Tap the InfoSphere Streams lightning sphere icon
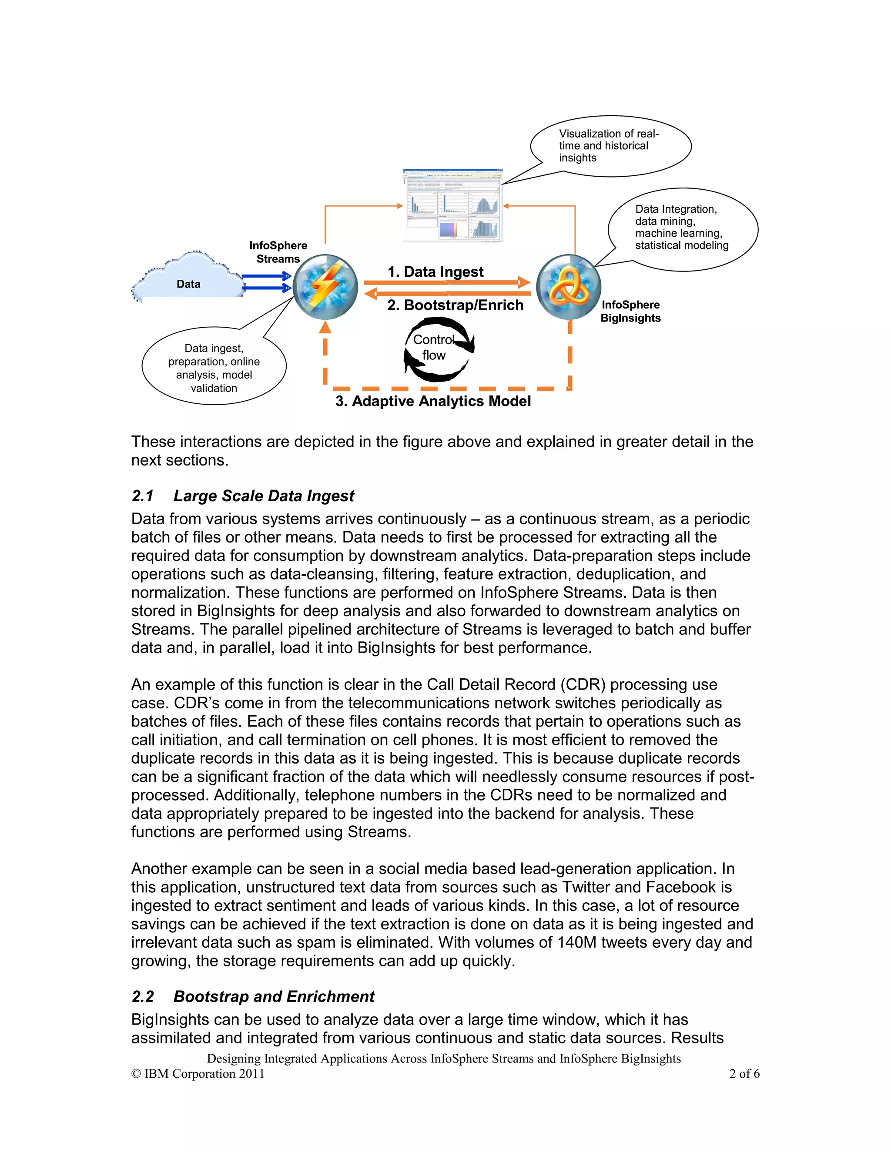coord(325,287)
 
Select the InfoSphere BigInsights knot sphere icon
coord(569,287)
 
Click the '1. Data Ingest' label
coord(435,272)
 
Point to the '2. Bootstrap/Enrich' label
coord(455,305)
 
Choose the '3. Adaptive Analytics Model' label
coord(433,401)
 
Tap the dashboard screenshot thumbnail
coord(452,205)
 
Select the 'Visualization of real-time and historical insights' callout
coord(611,146)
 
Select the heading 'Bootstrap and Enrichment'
coord(274,996)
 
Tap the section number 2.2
coord(143,996)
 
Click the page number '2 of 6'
coord(744,1073)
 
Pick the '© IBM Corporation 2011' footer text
coord(198,1073)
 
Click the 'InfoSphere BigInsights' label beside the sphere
coord(630,312)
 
